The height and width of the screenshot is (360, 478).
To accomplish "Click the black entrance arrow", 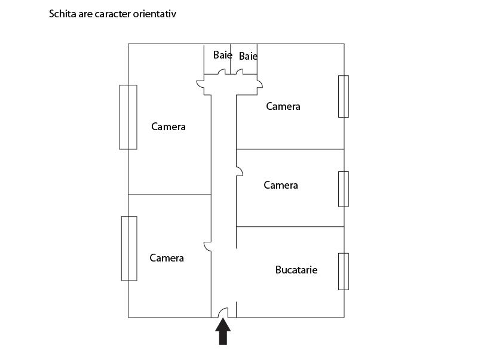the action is (223, 331).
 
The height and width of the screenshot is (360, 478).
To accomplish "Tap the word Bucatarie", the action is (296, 270).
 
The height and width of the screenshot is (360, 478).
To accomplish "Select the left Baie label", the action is (222, 55).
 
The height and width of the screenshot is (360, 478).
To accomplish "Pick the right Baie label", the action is (248, 56).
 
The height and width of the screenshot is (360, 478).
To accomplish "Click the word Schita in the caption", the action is (63, 14).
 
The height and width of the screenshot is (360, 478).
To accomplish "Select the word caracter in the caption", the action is (112, 14).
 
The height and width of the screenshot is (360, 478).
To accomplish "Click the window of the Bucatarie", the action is (344, 272).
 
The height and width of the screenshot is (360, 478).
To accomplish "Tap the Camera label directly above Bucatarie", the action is (281, 185).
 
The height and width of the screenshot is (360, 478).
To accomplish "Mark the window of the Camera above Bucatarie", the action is (344, 189).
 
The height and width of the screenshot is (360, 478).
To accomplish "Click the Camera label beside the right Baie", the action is (283, 106).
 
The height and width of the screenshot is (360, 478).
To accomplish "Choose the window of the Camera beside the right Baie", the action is (344, 96).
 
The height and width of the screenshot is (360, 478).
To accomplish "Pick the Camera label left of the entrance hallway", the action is (167, 259).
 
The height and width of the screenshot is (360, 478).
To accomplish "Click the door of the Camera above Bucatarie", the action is (240, 171).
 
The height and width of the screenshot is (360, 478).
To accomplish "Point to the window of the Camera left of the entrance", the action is (129, 248).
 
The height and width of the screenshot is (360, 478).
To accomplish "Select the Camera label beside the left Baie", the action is (168, 127).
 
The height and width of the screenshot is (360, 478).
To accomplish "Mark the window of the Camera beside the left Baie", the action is (128, 117).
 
